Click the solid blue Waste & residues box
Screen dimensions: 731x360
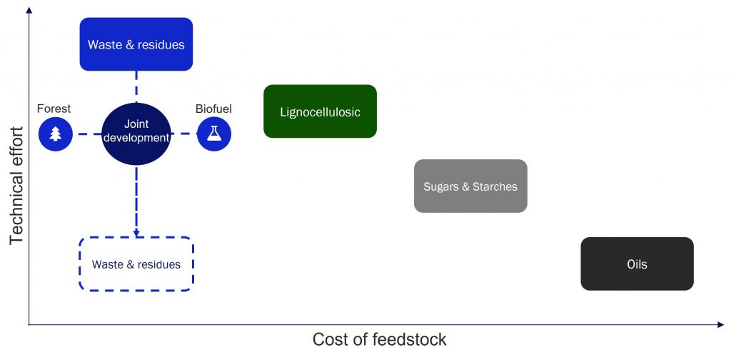coord(136,44)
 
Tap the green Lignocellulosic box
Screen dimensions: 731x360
coord(321,111)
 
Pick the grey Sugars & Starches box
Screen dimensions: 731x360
coord(470,186)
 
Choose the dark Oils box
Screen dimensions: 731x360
coord(637,264)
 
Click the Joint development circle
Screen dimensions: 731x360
coord(136,134)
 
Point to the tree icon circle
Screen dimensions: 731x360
coord(56,134)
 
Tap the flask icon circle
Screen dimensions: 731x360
coord(214,134)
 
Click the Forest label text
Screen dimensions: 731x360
coord(54,109)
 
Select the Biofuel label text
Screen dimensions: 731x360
coord(213,109)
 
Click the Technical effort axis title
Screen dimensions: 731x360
coord(16,185)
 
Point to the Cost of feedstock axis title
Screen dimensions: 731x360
coord(380,339)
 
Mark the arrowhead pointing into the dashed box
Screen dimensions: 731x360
coord(136,233)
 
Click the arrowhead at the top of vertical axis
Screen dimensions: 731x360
coord(29,10)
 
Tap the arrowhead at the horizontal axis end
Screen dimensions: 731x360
coord(720,325)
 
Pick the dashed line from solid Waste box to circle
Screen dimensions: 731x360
coord(136,87)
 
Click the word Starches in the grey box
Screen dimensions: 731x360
coord(495,186)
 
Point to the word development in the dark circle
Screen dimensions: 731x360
coord(136,138)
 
